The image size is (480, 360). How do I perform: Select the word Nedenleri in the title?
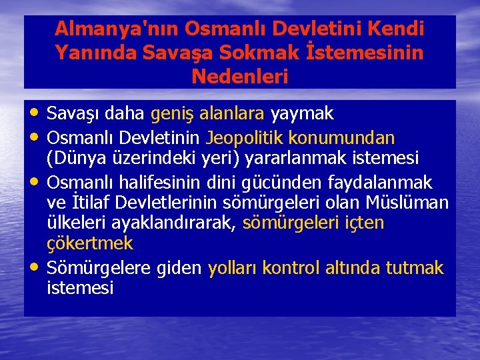pos(240,76)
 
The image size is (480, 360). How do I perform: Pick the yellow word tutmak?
pos(419,268)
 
